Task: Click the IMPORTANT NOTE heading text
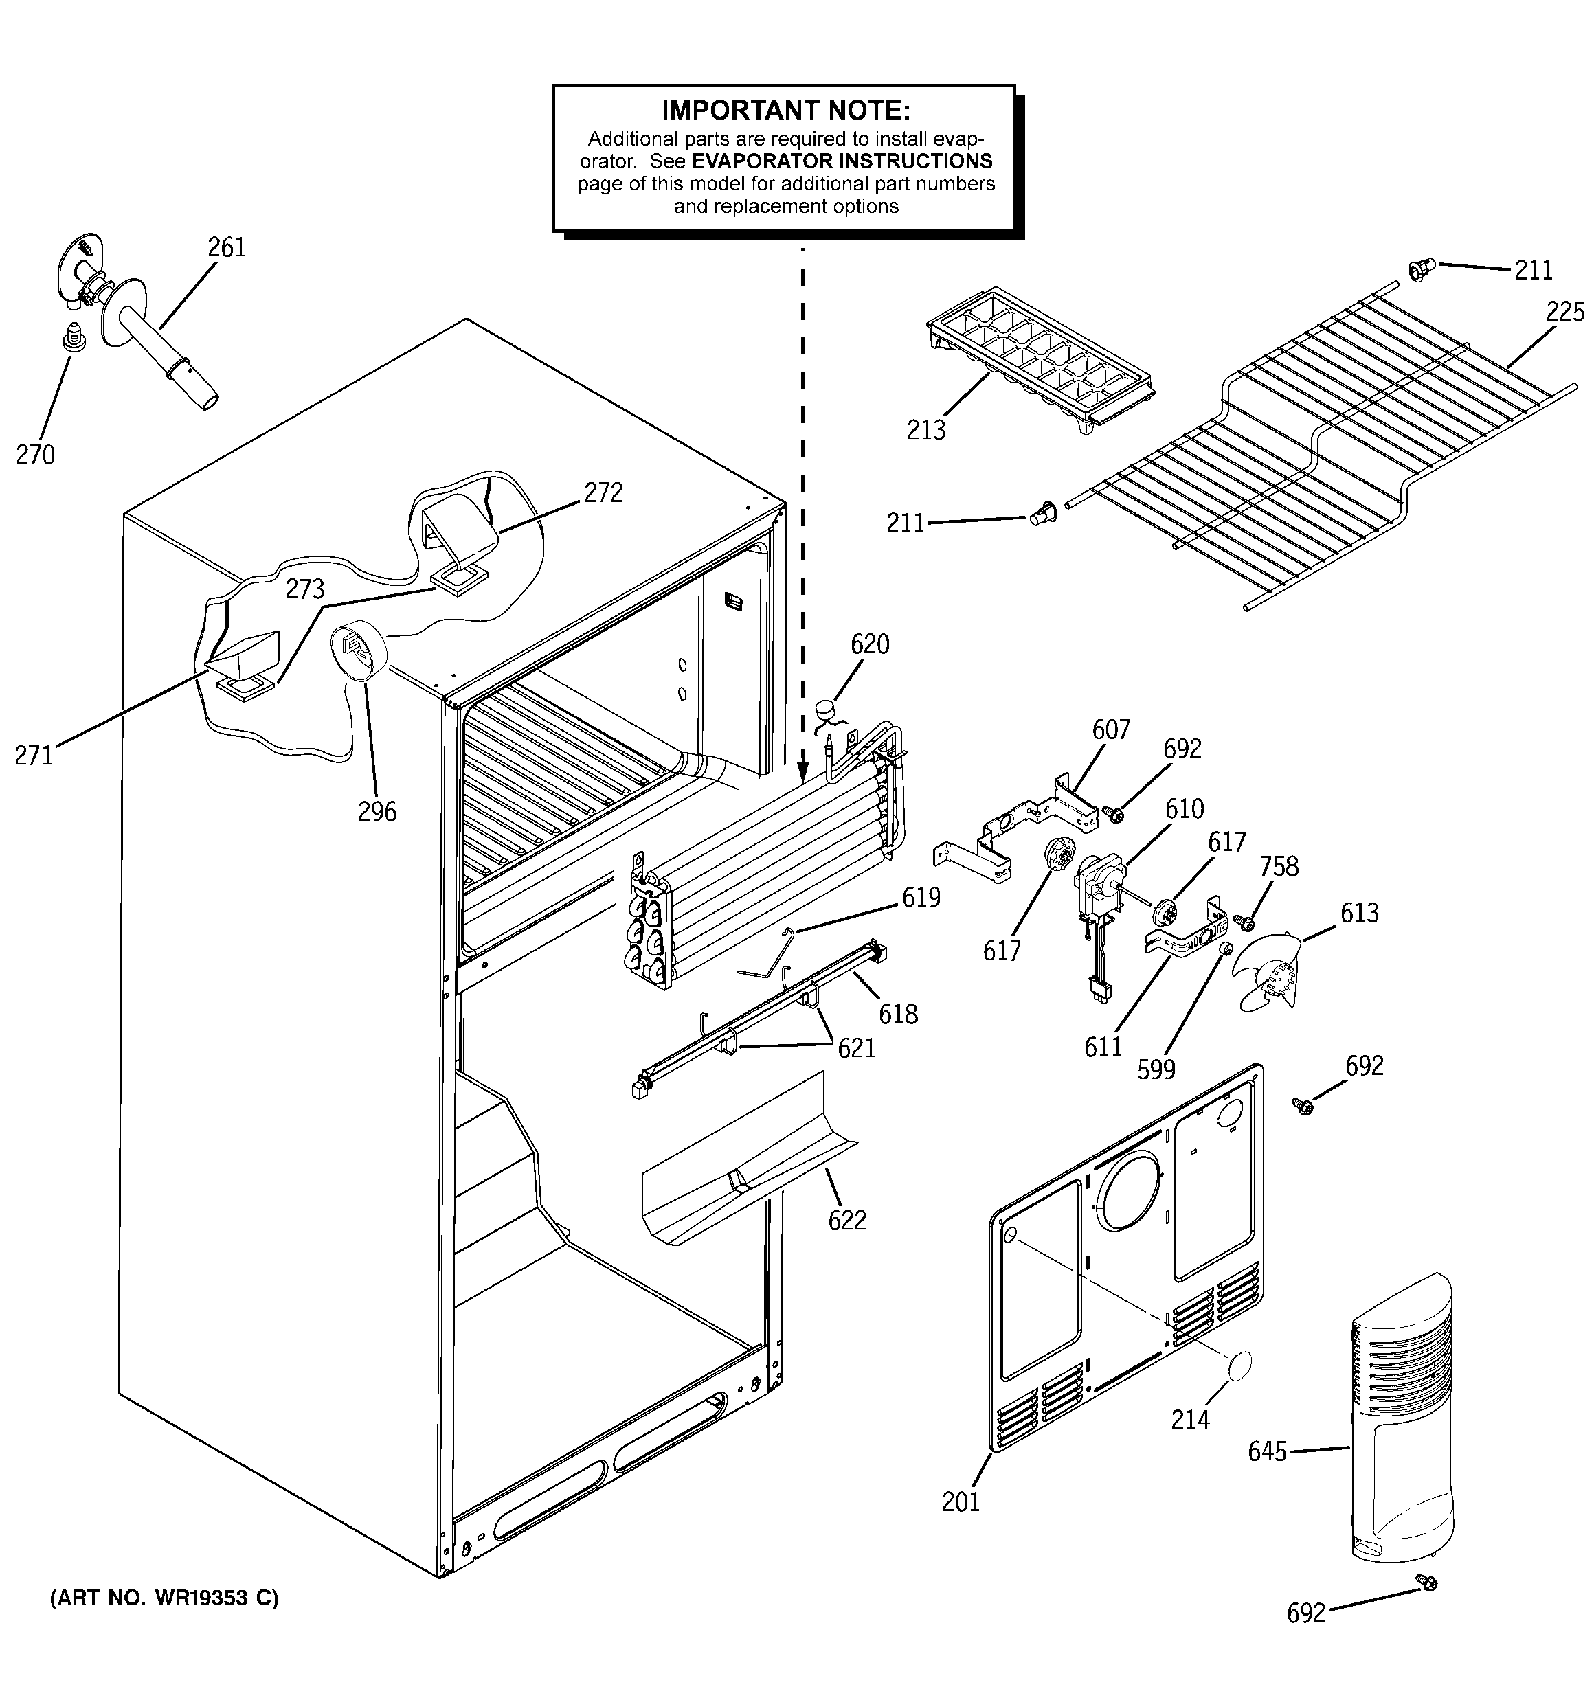pyautogui.click(x=785, y=111)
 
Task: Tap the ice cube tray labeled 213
pyautogui.click(x=1040, y=359)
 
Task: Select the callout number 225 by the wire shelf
pyautogui.click(x=1565, y=312)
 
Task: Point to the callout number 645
pyautogui.click(x=1266, y=1452)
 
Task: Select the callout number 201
pyautogui.click(x=960, y=1501)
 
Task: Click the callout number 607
pyautogui.click(x=1110, y=729)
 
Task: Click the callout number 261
pyautogui.click(x=226, y=248)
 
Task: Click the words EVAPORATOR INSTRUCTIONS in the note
pyautogui.click(x=842, y=161)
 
